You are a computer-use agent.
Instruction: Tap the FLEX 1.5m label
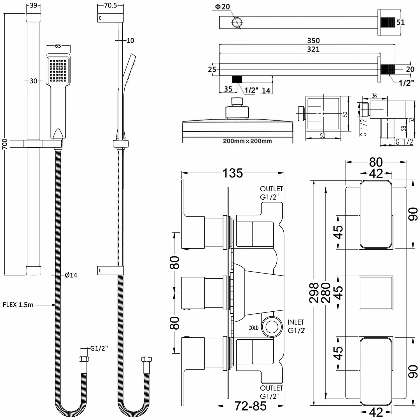18,305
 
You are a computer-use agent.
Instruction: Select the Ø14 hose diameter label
71,275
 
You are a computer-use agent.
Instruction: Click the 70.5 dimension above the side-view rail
110,6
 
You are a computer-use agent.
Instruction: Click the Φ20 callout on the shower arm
223,7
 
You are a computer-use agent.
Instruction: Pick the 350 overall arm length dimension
313,41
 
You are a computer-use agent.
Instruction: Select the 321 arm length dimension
313,49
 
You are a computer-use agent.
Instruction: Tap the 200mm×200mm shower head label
247,141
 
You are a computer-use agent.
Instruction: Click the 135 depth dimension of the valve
233,173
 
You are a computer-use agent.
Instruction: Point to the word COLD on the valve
253,328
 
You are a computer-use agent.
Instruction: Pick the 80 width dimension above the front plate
376,162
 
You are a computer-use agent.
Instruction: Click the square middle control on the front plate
376,293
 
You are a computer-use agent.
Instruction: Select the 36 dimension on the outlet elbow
374,96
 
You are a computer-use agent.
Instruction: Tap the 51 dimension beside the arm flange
401,22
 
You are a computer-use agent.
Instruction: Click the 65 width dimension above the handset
58,46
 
